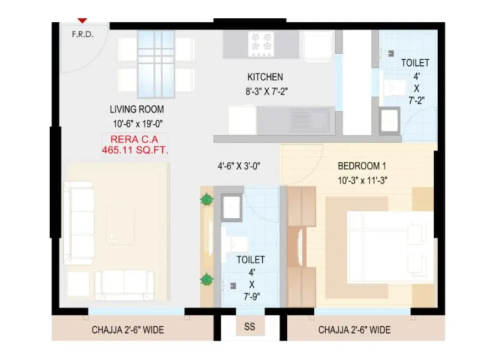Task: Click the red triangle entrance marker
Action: point(82,20)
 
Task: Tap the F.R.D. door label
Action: point(82,33)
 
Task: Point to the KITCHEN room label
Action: point(265,77)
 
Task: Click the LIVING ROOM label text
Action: point(137,109)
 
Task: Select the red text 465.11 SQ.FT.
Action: point(136,150)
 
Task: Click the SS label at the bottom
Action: point(250,327)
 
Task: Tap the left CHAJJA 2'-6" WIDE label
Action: point(128,330)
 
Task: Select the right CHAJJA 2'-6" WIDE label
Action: point(354,330)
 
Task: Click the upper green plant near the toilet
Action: point(206,199)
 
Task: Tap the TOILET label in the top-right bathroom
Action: point(415,63)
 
